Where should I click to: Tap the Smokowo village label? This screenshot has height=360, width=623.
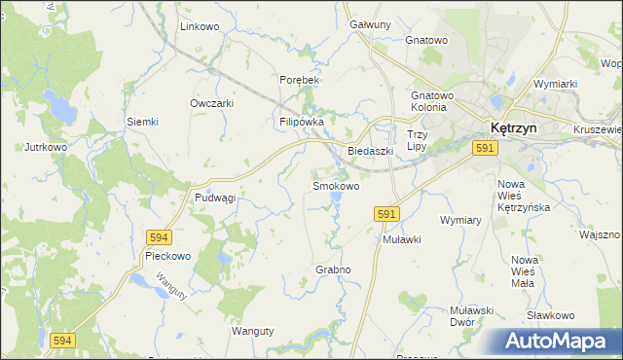(x=335, y=185)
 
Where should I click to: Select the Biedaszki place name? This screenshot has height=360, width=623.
(x=370, y=151)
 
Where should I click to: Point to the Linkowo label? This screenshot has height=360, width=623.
(x=200, y=26)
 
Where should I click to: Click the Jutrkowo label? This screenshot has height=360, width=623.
(x=46, y=148)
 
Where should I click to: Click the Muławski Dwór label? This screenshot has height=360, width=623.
(x=474, y=315)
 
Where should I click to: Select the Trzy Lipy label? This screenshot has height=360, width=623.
(x=417, y=140)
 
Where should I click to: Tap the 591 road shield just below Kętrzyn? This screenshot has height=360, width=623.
(x=487, y=147)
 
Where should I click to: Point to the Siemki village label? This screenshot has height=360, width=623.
(x=142, y=122)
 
